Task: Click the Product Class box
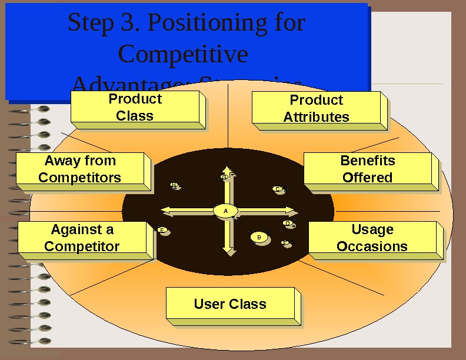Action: tap(135, 108)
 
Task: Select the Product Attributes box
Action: tap(317, 109)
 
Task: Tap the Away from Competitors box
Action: tap(80, 169)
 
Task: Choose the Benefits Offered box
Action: tap(368, 169)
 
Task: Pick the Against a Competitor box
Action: tap(82, 238)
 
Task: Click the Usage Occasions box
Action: tap(372, 238)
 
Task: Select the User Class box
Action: tap(230, 304)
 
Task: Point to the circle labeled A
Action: tap(225, 211)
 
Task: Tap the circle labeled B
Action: tap(259, 237)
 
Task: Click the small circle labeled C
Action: tap(277, 189)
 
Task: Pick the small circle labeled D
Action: tap(287, 224)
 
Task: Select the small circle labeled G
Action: tap(224, 176)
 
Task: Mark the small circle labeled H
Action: tap(174, 185)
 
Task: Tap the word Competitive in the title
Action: tap(183, 54)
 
